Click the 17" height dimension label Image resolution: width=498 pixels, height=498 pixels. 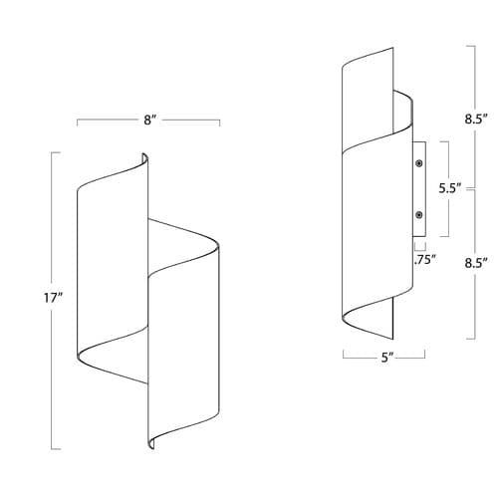54,298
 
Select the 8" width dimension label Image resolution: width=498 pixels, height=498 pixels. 150,120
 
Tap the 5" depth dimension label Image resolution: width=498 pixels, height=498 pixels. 387,358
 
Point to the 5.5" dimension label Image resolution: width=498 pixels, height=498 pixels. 450,188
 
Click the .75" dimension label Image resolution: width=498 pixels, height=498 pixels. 424,259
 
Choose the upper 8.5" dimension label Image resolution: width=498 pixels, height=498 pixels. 476,119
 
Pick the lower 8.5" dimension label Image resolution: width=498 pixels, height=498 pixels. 476,263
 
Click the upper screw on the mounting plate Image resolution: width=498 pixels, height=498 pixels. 419,163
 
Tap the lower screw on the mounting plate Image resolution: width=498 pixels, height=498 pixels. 419,215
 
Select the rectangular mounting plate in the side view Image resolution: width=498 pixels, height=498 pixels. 419,189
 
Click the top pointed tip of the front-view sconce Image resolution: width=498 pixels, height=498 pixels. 143,153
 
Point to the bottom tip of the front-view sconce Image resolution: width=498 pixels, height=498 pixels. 152,448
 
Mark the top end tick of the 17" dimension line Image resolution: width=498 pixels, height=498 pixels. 56,152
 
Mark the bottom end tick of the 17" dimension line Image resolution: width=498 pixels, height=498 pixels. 56,449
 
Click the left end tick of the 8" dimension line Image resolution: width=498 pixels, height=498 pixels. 78,123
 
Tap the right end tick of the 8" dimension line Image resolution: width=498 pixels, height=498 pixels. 219,123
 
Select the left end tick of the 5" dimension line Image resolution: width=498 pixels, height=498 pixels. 344,355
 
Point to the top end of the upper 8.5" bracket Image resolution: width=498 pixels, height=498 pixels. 471,46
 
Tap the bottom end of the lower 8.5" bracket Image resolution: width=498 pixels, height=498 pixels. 471,339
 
